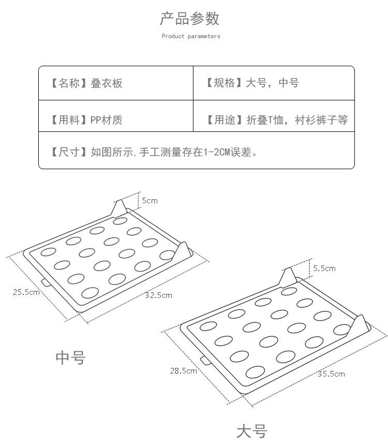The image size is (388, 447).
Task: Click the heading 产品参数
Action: coord(190,19)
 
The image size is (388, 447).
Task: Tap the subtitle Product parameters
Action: coord(190,36)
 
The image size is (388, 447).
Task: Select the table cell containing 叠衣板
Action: coord(116,83)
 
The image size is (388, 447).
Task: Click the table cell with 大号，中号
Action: coord(274,83)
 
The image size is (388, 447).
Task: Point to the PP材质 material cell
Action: coord(116,120)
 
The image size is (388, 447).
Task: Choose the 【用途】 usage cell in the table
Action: coord(274,120)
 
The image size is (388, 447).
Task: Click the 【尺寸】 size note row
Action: coord(196,152)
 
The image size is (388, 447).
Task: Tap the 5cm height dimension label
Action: coord(150,200)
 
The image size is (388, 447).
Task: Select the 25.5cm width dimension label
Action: coord(26,292)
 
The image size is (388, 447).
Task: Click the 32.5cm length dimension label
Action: coord(158,295)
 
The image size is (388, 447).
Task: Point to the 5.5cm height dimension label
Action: coord(324,268)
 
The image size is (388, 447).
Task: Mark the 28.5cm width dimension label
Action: coord(183,370)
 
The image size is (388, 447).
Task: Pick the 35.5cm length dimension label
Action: coord(331,374)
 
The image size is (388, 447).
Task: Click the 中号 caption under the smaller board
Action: coord(70,357)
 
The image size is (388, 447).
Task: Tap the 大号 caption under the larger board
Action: coord(251,431)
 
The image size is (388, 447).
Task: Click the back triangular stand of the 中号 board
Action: coord(119,208)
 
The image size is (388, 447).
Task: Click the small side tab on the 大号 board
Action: coord(204,360)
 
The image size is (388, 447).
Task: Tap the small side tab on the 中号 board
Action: coord(46,282)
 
